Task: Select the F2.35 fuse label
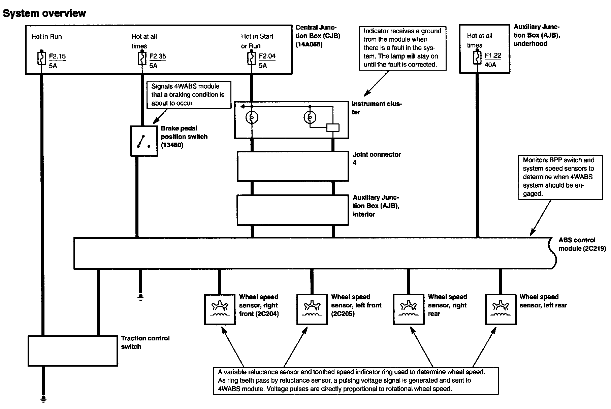click(x=158, y=56)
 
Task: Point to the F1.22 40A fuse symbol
click(x=477, y=58)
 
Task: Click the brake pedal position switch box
click(x=144, y=141)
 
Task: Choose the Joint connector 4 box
click(x=293, y=166)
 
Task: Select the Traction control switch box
click(x=73, y=351)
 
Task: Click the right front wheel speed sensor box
click(x=220, y=309)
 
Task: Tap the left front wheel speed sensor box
click(x=312, y=309)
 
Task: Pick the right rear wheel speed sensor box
click(x=409, y=309)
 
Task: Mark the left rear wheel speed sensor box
click(x=501, y=309)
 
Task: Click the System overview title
click(x=44, y=13)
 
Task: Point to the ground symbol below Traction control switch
click(x=43, y=399)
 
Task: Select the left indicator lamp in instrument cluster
click(x=252, y=117)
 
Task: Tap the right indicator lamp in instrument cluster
click(x=310, y=117)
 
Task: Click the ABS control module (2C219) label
click(x=582, y=244)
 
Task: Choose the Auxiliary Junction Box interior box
click(x=293, y=210)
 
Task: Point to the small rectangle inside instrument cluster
click(x=333, y=127)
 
